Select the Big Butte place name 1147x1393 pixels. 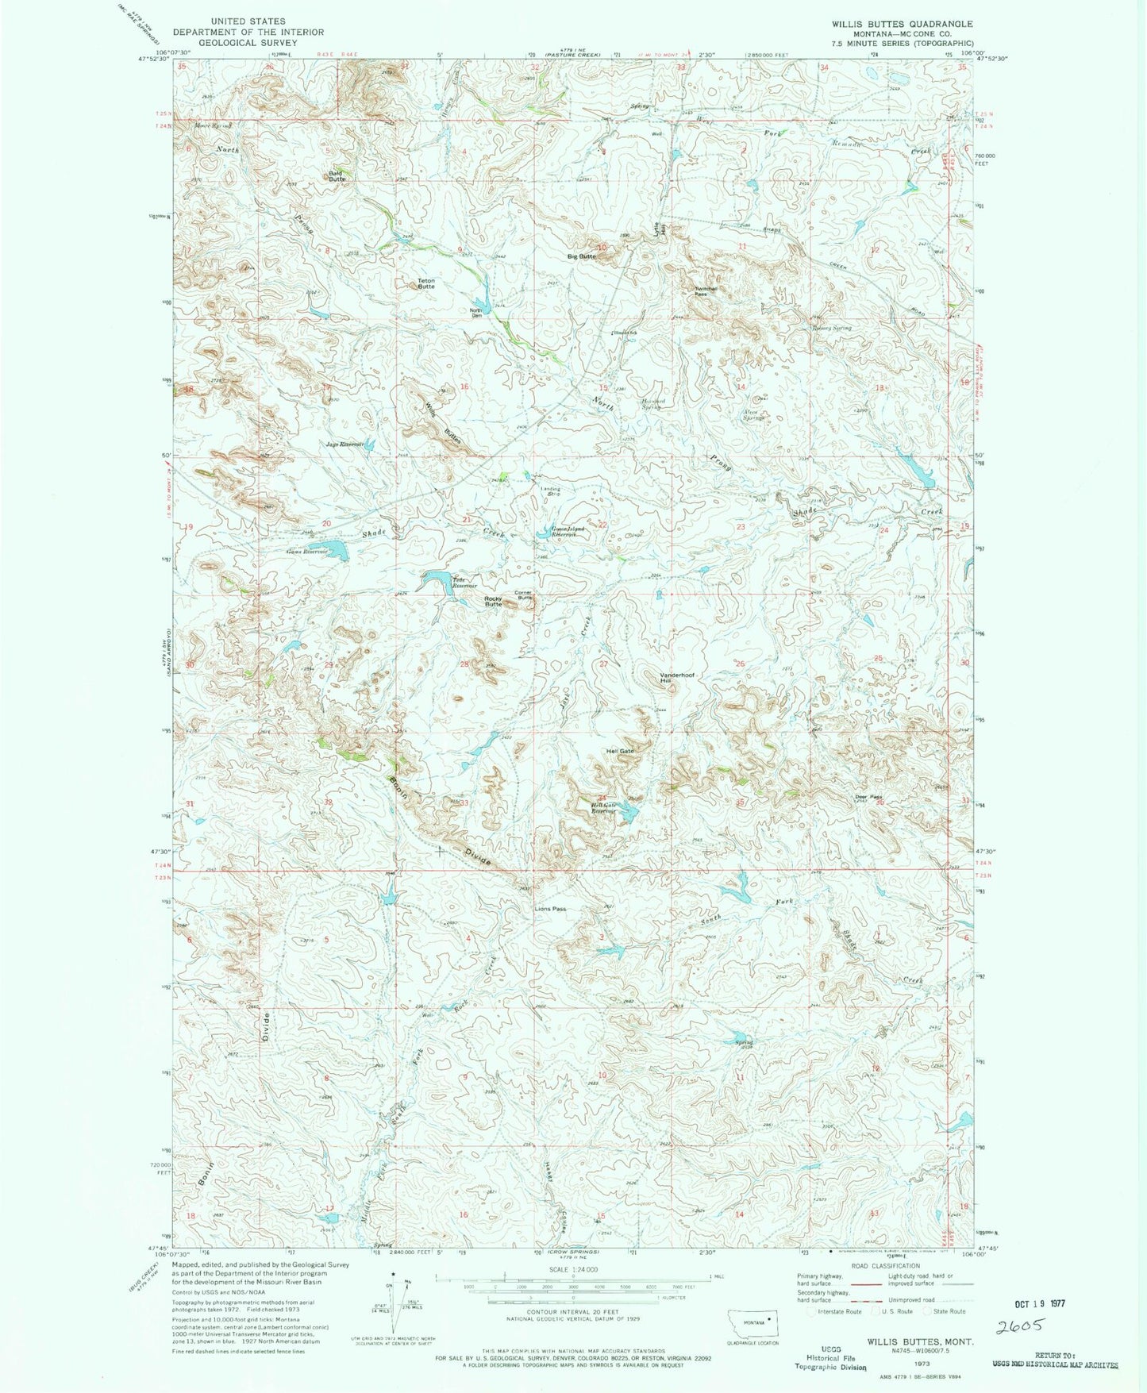pos(581,256)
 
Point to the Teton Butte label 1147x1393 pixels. pos(426,283)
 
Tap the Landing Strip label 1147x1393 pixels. pos(551,491)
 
